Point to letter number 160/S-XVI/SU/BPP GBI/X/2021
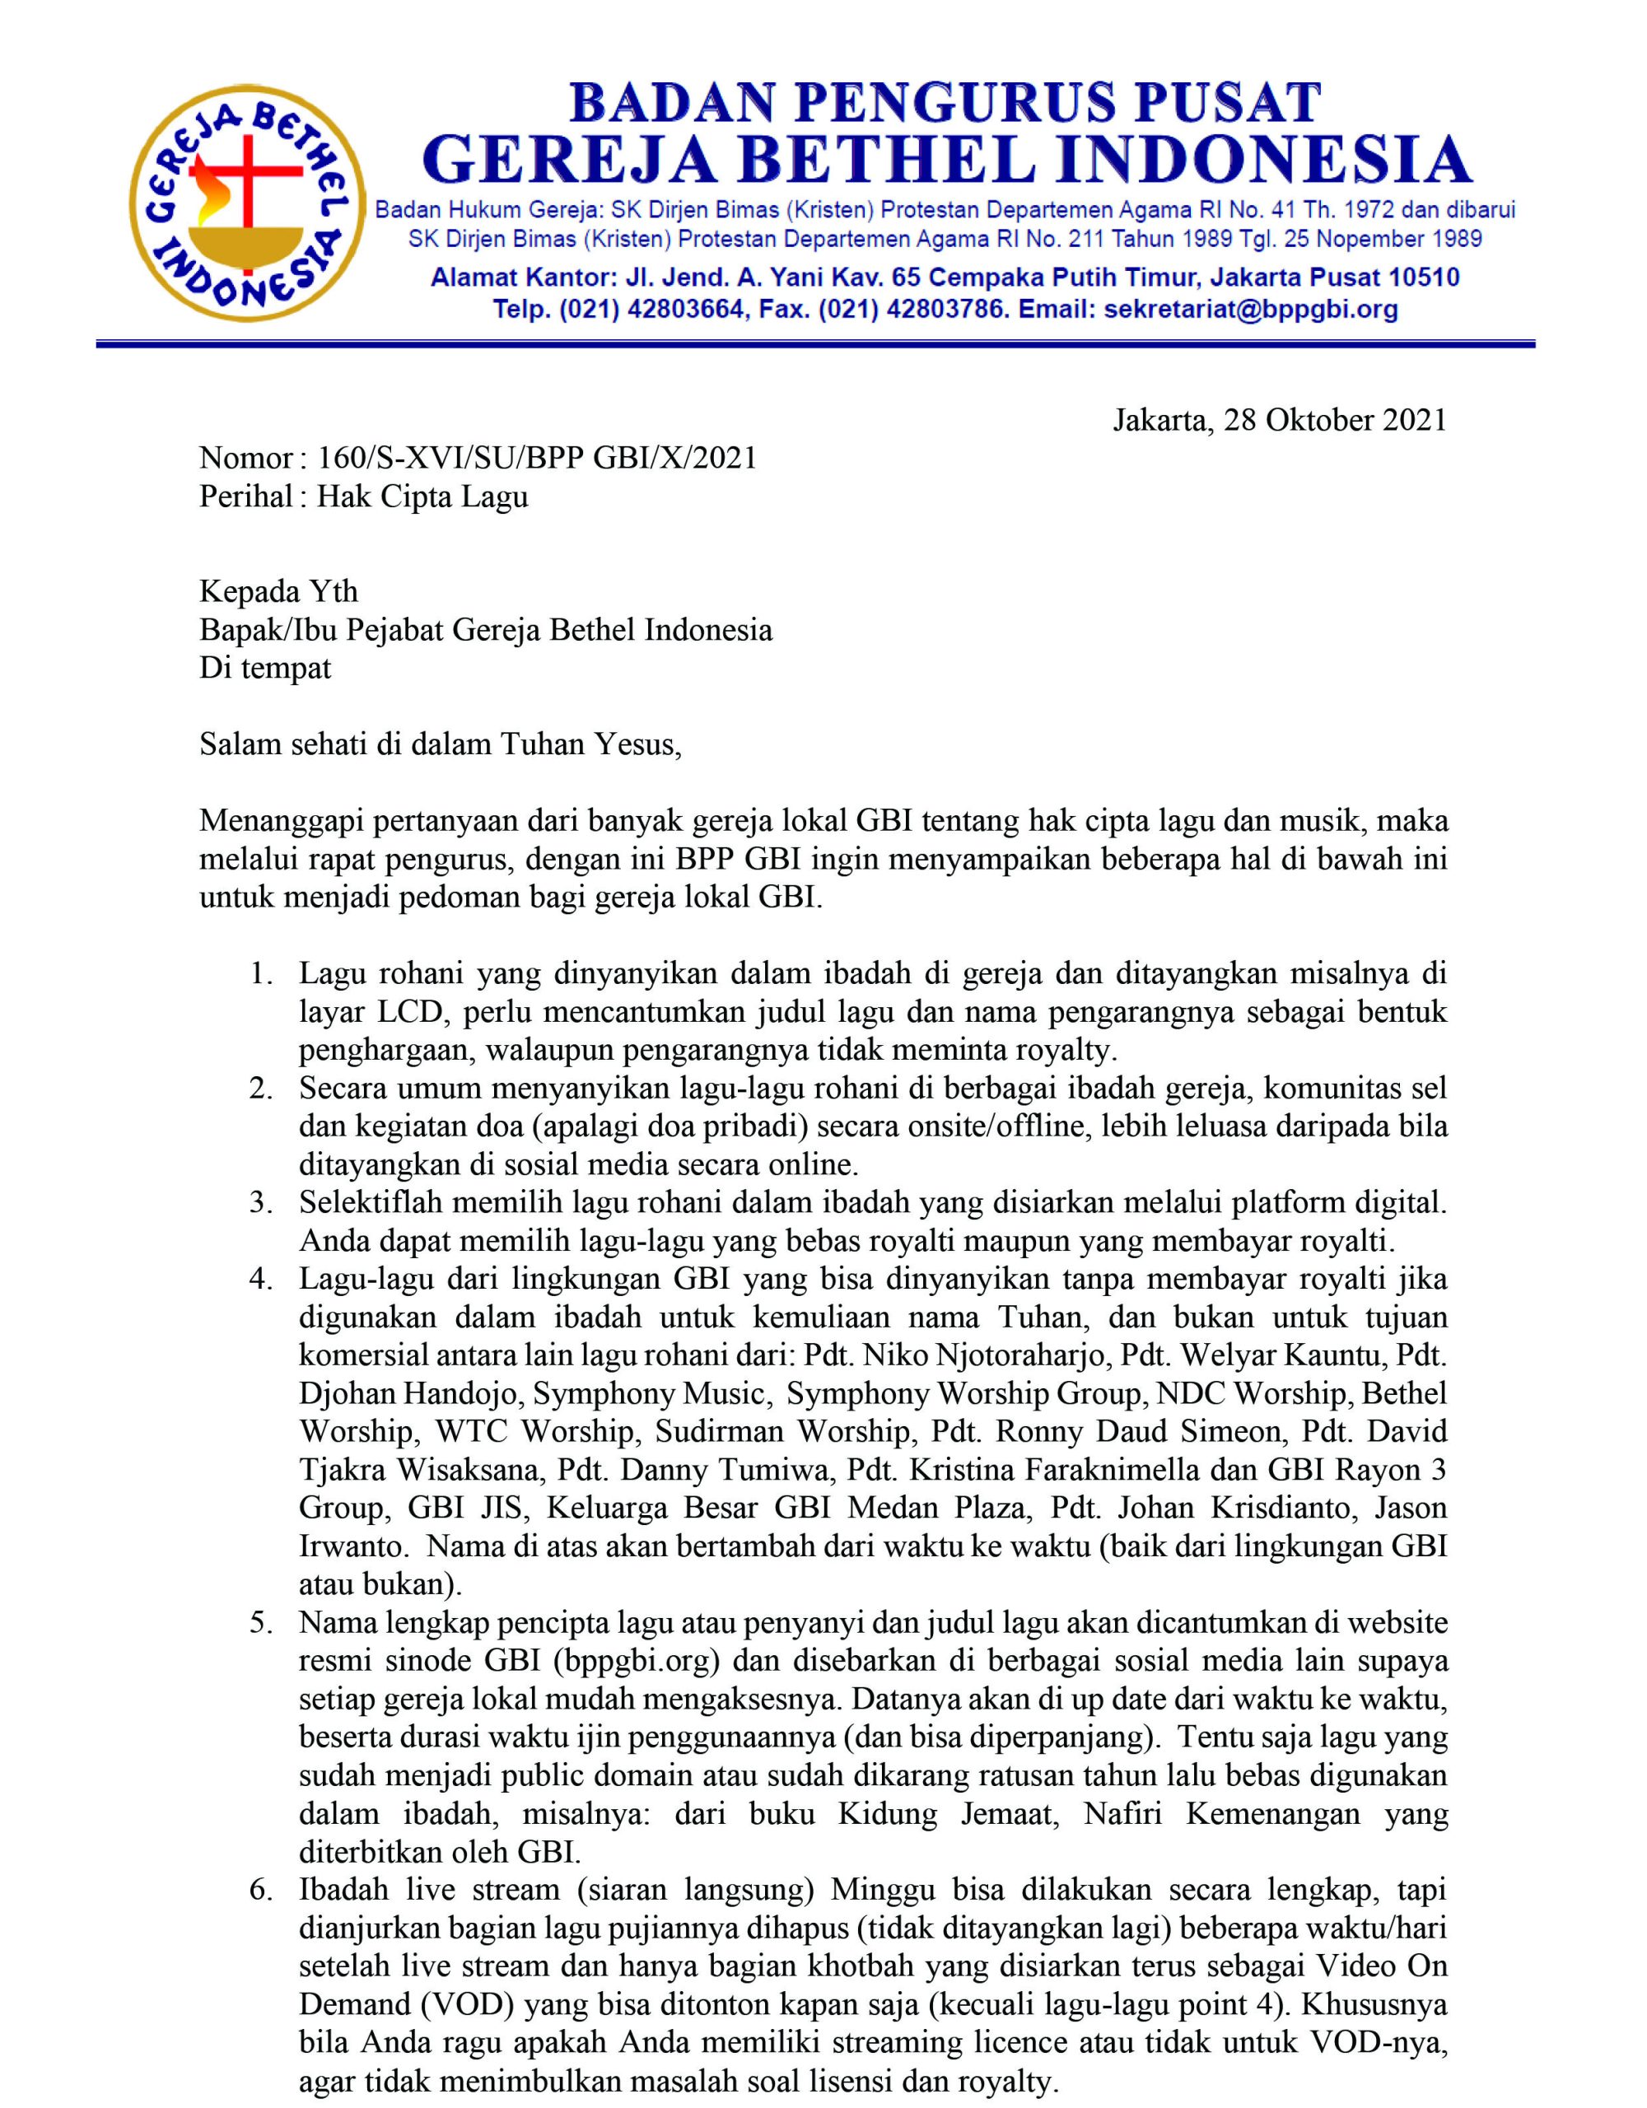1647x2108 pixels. [537, 458]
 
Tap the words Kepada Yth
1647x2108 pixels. [278, 590]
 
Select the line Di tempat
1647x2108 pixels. [264, 668]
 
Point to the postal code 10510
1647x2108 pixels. [1423, 278]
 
